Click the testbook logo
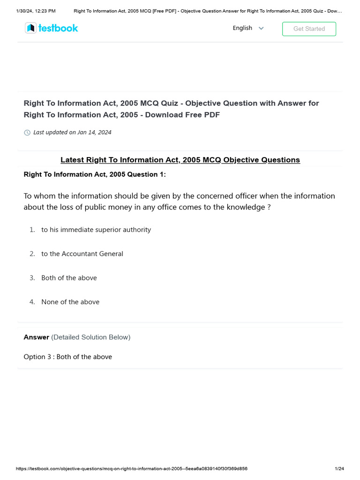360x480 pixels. point(52,28)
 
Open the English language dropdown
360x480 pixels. point(248,28)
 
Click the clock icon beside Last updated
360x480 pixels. point(27,133)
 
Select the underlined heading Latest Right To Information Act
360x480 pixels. point(180,160)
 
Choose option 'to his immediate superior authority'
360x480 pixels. point(96,230)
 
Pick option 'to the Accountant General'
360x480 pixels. point(82,254)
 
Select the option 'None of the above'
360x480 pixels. point(70,302)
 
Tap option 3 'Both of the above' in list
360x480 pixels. point(69,278)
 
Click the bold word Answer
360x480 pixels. point(36,337)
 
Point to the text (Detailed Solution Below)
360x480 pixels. point(90,337)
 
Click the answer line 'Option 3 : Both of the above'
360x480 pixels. point(67,357)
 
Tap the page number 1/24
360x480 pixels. point(339,469)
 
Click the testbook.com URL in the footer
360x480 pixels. point(131,469)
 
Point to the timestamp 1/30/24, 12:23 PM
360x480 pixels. point(36,11)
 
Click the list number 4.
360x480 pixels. point(32,302)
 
